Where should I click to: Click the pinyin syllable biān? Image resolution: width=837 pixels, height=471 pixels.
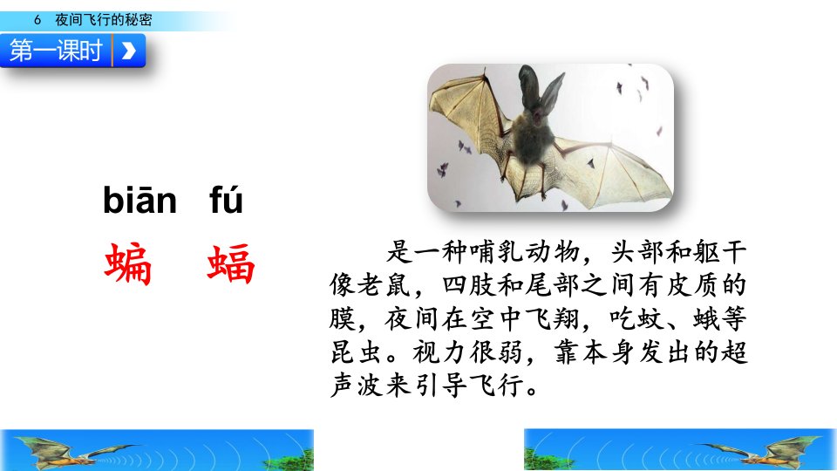click(139, 200)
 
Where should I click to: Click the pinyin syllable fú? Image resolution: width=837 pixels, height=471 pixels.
click(226, 200)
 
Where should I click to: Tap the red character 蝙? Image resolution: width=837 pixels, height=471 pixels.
click(128, 263)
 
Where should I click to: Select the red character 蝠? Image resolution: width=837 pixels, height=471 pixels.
click(230, 263)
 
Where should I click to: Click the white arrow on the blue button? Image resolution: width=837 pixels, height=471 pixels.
click(128, 51)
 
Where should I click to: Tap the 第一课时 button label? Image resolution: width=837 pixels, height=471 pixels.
click(56, 51)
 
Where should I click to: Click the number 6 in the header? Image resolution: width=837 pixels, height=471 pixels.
click(37, 20)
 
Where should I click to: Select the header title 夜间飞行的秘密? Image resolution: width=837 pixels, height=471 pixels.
click(104, 20)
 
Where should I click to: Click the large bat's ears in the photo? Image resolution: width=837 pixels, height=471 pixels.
click(541, 88)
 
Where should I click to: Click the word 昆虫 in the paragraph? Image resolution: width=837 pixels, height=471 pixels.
click(356, 352)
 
